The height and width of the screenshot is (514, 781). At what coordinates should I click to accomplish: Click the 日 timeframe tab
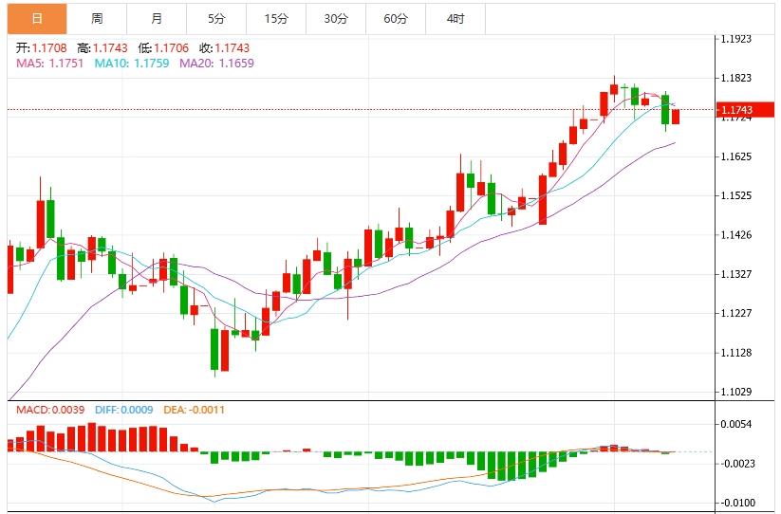(35, 18)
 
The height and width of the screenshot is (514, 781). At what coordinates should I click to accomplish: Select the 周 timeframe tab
(97, 18)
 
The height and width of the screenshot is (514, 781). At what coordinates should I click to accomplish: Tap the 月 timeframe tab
(157, 18)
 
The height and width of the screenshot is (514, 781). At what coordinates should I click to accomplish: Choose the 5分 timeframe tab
(216, 18)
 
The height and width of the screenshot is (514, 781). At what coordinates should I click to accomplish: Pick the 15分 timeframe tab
(276, 18)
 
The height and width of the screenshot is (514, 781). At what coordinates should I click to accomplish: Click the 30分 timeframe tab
(336, 18)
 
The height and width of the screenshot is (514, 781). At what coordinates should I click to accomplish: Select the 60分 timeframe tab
(396, 18)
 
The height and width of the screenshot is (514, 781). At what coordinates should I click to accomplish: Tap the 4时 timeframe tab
(456, 18)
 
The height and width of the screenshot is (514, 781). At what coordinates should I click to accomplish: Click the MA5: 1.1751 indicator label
(49, 63)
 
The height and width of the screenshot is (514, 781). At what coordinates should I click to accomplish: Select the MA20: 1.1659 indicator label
(216, 63)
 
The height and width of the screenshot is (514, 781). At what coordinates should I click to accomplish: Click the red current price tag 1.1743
(736, 110)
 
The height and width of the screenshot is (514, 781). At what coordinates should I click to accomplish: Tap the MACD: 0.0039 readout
(49, 410)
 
